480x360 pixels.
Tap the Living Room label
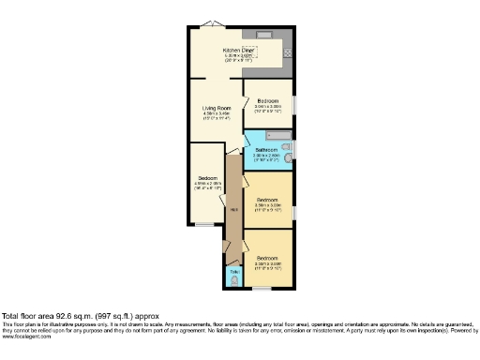216,108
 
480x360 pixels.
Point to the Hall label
232,209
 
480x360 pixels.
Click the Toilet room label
233,271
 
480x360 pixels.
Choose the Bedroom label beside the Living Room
269,100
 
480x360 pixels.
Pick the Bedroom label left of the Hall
208,178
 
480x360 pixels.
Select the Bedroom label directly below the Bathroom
268,199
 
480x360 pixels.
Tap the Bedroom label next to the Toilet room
268,258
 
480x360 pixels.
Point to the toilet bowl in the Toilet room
233,279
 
